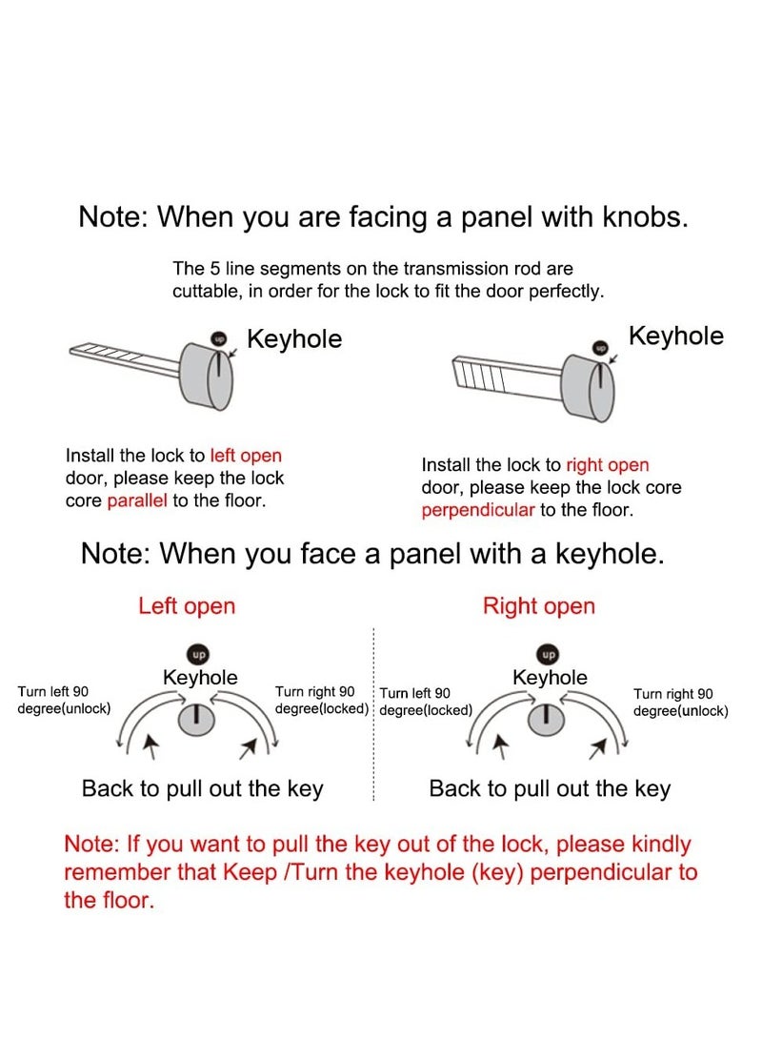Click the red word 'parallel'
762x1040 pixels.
pos(137,500)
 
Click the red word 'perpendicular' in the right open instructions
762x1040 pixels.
pos(478,509)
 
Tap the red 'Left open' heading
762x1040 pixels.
pos(187,606)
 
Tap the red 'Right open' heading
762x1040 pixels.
pos(539,606)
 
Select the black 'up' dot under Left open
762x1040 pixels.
pos(198,655)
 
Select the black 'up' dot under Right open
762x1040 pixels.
pos(549,655)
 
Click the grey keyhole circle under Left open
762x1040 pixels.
pos(196,719)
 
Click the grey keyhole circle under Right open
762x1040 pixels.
pos(546,719)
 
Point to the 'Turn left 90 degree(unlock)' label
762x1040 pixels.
pos(64,701)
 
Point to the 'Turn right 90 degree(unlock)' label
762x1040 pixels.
pos(680,703)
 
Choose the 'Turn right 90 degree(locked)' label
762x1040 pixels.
pos(321,701)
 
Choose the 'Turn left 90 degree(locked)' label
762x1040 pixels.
pos(426,702)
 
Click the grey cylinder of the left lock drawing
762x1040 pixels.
pos(207,377)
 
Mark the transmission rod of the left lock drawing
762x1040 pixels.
pos(125,357)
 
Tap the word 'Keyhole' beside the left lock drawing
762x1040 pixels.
pos(294,339)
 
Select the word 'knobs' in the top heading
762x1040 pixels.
pos(645,217)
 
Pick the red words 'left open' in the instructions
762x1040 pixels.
pos(246,456)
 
